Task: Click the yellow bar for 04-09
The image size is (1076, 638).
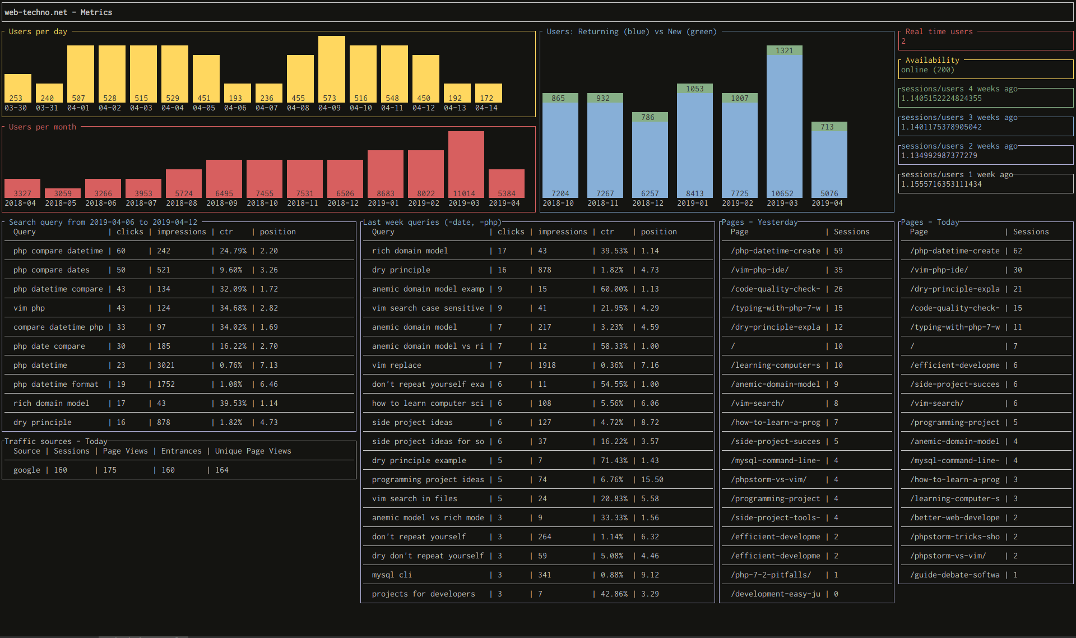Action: pyautogui.click(x=331, y=67)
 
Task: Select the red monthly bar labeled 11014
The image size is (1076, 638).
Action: pyautogui.click(x=466, y=163)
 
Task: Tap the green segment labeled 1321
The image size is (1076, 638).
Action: pyautogui.click(x=784, y=50)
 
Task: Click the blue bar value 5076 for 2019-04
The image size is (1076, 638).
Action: pyautogui.click(x=829, y=193)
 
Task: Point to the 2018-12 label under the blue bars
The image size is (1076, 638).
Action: pyautogui.click(x=648, y=203)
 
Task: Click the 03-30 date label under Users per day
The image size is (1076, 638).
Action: pyautogui.click(x=16, y=108)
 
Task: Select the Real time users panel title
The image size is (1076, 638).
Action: pyautogui.click(x=939, y=32)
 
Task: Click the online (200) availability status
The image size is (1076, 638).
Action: pyautogui.click(x=927, y=70)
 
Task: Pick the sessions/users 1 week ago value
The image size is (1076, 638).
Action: pyautogui.click(x=941, y=184)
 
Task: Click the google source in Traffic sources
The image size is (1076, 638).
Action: pyautogui.click(x=27, y=470)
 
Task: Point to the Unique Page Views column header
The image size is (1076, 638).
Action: pyautogui.click(x=253, y=451)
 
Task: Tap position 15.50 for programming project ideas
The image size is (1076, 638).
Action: pyautogui.click(x=652, y=479)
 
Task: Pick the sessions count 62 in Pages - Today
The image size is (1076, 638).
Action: pyautogui.click(x=1017, y=251)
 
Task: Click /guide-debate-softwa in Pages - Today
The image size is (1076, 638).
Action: pyautogui.click(x=954, y=575)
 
